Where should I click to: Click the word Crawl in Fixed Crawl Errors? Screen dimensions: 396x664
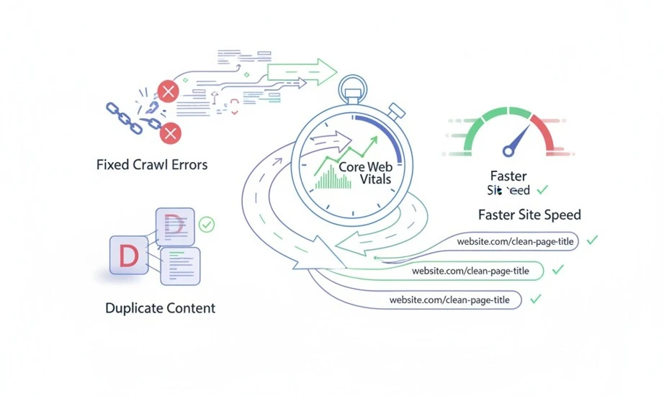(153, 165)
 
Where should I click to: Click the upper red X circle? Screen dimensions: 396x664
(168, 91)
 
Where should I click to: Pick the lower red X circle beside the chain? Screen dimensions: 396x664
(170, 132)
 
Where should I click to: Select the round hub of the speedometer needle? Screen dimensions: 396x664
(509, 150)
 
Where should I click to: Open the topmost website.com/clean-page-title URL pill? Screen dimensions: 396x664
(516, 242)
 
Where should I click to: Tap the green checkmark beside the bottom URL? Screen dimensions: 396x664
(535, 298)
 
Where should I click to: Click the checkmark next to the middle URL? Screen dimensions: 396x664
(557, 270)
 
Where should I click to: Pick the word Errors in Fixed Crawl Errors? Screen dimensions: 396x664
(189, 165)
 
